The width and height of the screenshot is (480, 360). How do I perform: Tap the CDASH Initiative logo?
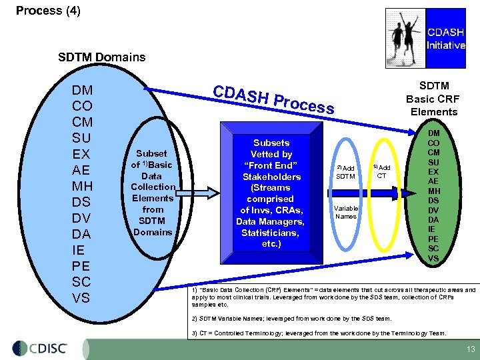(x=426, y=31)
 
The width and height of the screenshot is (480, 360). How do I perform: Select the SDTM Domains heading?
(x=101, y=57)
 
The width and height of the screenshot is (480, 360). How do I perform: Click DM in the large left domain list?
(x=82, y=90)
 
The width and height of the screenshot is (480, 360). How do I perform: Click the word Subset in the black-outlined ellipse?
(x=151, y=153)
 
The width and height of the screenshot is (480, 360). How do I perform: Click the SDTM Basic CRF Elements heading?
(x=434, y=99)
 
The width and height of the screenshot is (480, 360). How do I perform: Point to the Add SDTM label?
(x=345, y=171)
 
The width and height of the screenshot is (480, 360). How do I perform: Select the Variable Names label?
(x=345, y=212)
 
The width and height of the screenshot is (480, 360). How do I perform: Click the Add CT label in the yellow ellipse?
(x=382, y=171)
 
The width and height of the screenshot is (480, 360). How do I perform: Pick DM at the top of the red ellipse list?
(x=433, y=133)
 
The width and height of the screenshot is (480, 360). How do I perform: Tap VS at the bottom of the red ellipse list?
(x=433, y=258)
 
